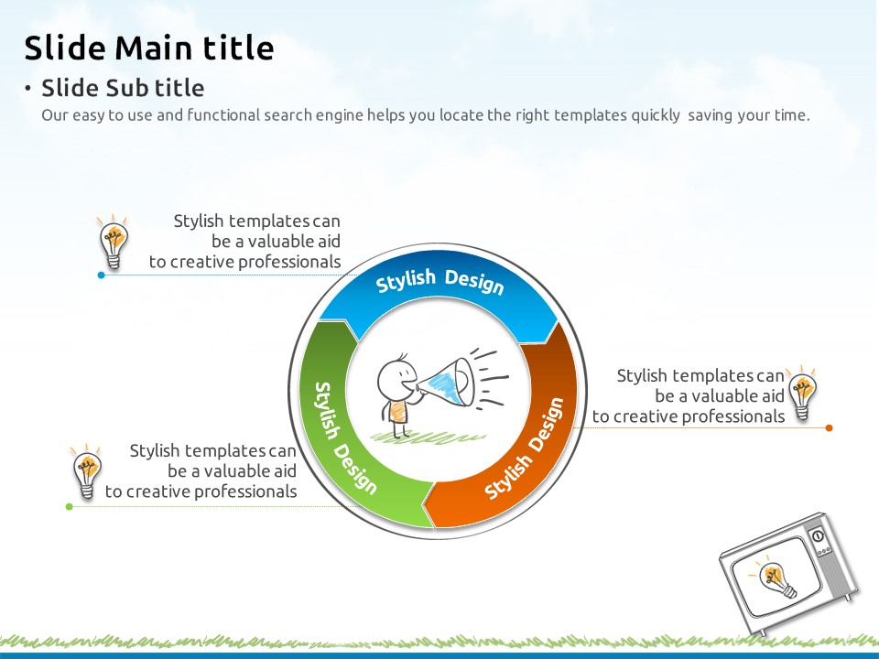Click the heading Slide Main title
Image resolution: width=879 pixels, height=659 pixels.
pos(149,47)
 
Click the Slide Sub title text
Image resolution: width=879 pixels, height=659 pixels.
pos(123,88)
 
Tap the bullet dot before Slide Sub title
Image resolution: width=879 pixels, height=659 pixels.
pos(27,88)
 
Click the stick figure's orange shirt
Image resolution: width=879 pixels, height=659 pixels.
pos(397,412)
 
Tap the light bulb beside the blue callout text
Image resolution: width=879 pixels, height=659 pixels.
pos(114,242)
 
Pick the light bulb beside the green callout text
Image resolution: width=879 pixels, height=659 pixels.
pos(87,472)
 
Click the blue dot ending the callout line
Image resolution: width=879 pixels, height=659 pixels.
pos(101,275)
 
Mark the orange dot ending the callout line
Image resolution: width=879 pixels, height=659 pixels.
pos(830,427)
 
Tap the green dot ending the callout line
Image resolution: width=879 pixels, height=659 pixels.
pos(70,506)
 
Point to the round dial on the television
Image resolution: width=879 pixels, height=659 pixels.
pos(818,535)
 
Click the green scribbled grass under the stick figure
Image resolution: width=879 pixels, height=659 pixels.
pos(429,438)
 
